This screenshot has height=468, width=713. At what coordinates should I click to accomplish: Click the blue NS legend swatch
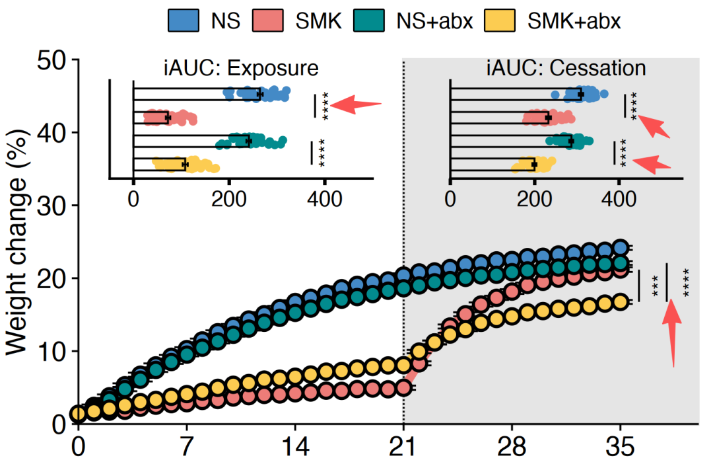184,20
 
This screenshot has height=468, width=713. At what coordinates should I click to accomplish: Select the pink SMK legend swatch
268,20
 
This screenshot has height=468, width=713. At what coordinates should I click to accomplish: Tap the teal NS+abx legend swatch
369,20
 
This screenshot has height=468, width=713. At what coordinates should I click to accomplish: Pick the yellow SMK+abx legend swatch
500,20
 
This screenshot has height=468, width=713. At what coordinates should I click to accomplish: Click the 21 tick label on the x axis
403,447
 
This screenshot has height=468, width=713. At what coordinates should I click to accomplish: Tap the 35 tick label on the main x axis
620,447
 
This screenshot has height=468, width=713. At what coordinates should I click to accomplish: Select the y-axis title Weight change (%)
17,242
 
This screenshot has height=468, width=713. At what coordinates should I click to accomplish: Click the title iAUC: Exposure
241,68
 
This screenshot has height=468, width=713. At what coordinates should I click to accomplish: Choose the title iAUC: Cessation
566,68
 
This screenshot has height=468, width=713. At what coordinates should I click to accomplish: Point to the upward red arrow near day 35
672,334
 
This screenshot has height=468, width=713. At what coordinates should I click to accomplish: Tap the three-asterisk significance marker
656,286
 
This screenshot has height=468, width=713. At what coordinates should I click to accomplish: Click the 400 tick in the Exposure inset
324,200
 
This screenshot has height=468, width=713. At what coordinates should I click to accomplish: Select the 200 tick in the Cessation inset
535,200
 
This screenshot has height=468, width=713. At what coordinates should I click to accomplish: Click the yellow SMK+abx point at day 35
620,301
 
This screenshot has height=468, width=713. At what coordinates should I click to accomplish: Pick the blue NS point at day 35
620,248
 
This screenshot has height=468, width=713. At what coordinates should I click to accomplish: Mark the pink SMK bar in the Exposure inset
151,118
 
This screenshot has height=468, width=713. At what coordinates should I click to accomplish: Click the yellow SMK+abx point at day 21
403,365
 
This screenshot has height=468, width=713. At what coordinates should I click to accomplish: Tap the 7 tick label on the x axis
186,447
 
